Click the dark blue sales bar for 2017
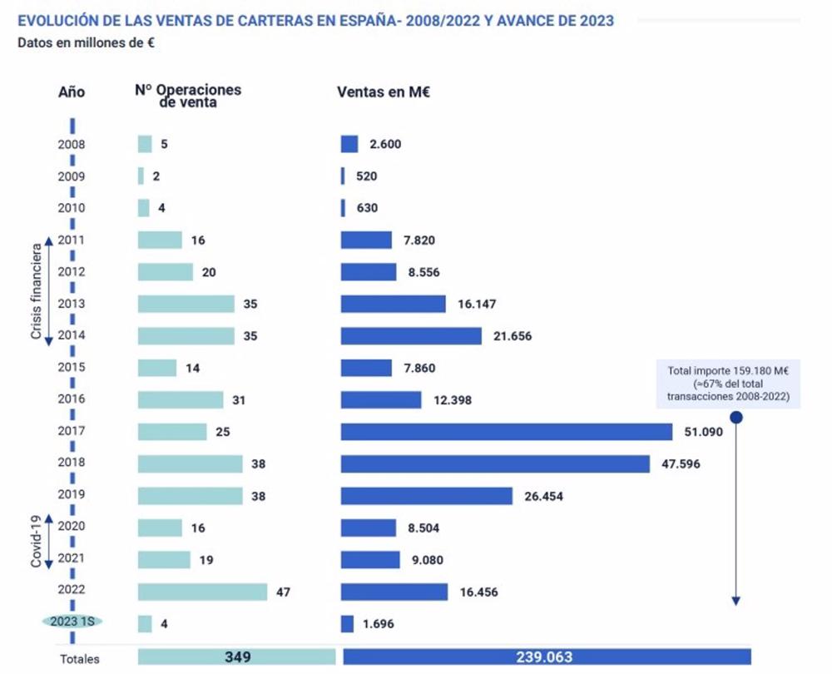(x=506, y=432)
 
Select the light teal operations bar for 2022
(x=202, y=592)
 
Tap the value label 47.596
(x=681, y=463)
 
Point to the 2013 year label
(x=72, y=304)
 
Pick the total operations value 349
(x=237, y=657)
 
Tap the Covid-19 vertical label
(x=37, y=543)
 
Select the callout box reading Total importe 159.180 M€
(x=728, y=384)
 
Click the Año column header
(x=72, y=92)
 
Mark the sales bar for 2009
(x=343, y=176)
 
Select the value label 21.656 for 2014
(x=511, y=336)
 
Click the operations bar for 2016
(x=181, y=400)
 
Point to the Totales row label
(x=79, y=659)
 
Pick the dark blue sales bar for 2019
(x=426, y=496)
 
